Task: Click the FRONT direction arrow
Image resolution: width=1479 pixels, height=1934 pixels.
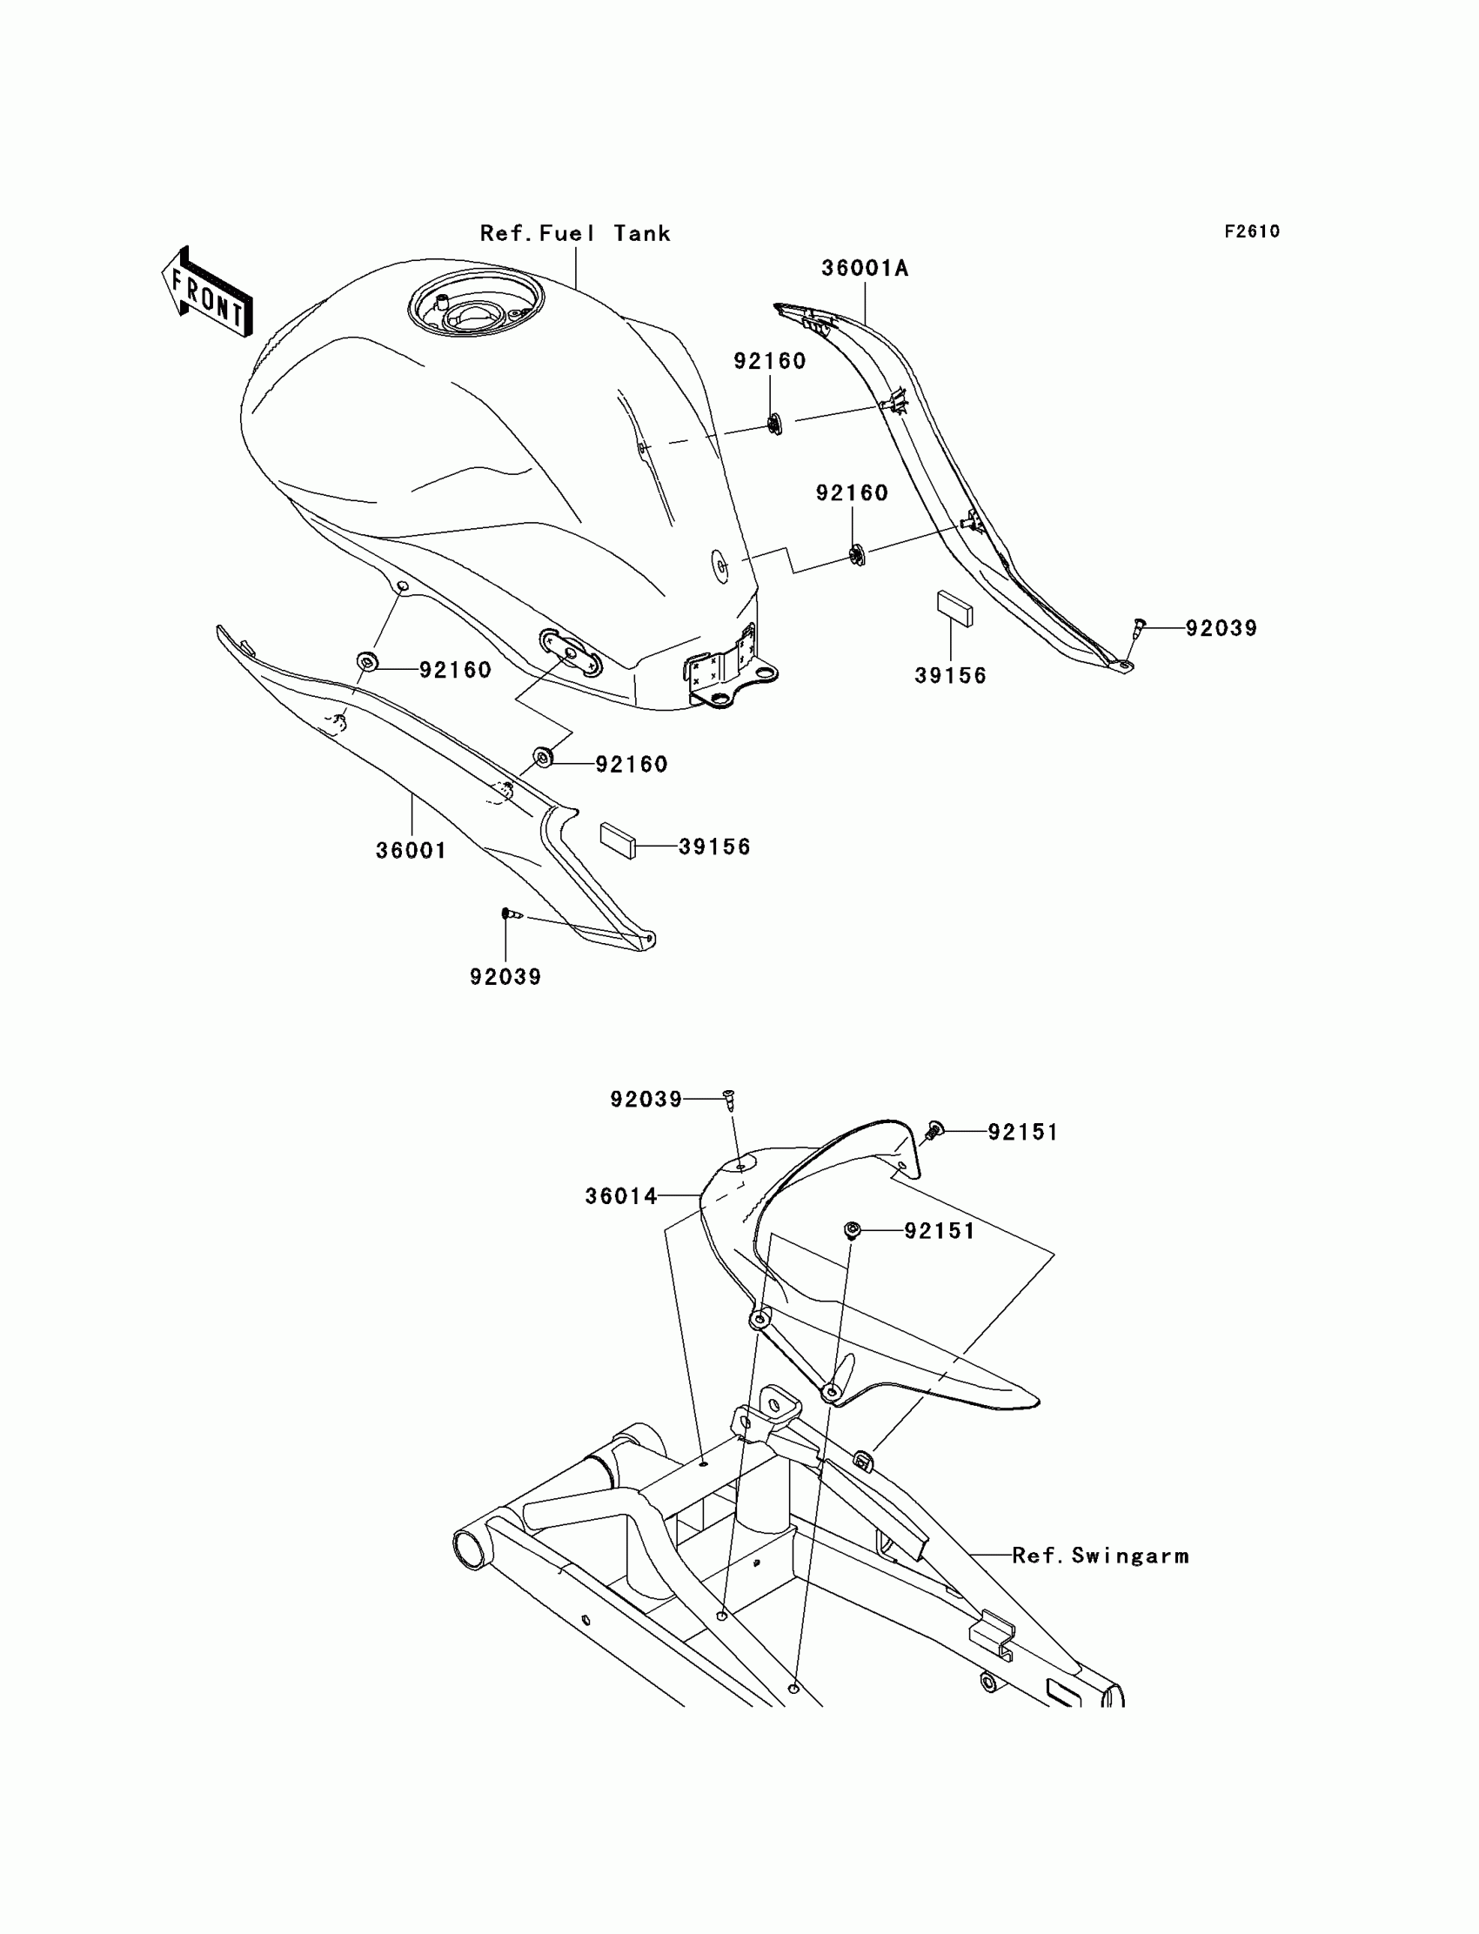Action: (208, 293)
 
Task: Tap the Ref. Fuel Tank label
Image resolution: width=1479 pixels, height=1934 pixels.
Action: (575, 233)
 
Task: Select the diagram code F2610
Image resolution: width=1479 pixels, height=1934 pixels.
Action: (1252, 231)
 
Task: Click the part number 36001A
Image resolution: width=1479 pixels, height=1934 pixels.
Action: (865, 269)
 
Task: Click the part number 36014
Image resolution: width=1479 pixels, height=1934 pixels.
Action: (620, 1195)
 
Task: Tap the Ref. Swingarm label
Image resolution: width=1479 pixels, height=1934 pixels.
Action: (1101, 1556)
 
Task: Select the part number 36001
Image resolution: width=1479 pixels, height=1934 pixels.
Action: (412, 850)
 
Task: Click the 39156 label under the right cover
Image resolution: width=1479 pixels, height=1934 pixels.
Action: (951, 675)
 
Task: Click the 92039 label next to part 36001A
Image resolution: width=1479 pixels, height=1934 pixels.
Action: (1221, 627)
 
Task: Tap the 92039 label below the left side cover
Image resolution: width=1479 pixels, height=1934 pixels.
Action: (505, 976)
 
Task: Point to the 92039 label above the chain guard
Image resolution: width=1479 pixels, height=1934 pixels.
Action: (646, 1099)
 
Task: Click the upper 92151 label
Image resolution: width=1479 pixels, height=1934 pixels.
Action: (1023, 1132)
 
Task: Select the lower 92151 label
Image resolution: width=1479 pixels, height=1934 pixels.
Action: (940, 1231)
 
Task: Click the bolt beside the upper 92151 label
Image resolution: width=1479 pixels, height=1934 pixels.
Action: (934, 1129)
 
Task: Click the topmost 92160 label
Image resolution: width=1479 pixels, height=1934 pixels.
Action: (769, 361)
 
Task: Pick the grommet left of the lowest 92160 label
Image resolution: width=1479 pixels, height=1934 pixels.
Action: (544, 756)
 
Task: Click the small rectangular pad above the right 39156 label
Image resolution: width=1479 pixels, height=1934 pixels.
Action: (954, 608)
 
